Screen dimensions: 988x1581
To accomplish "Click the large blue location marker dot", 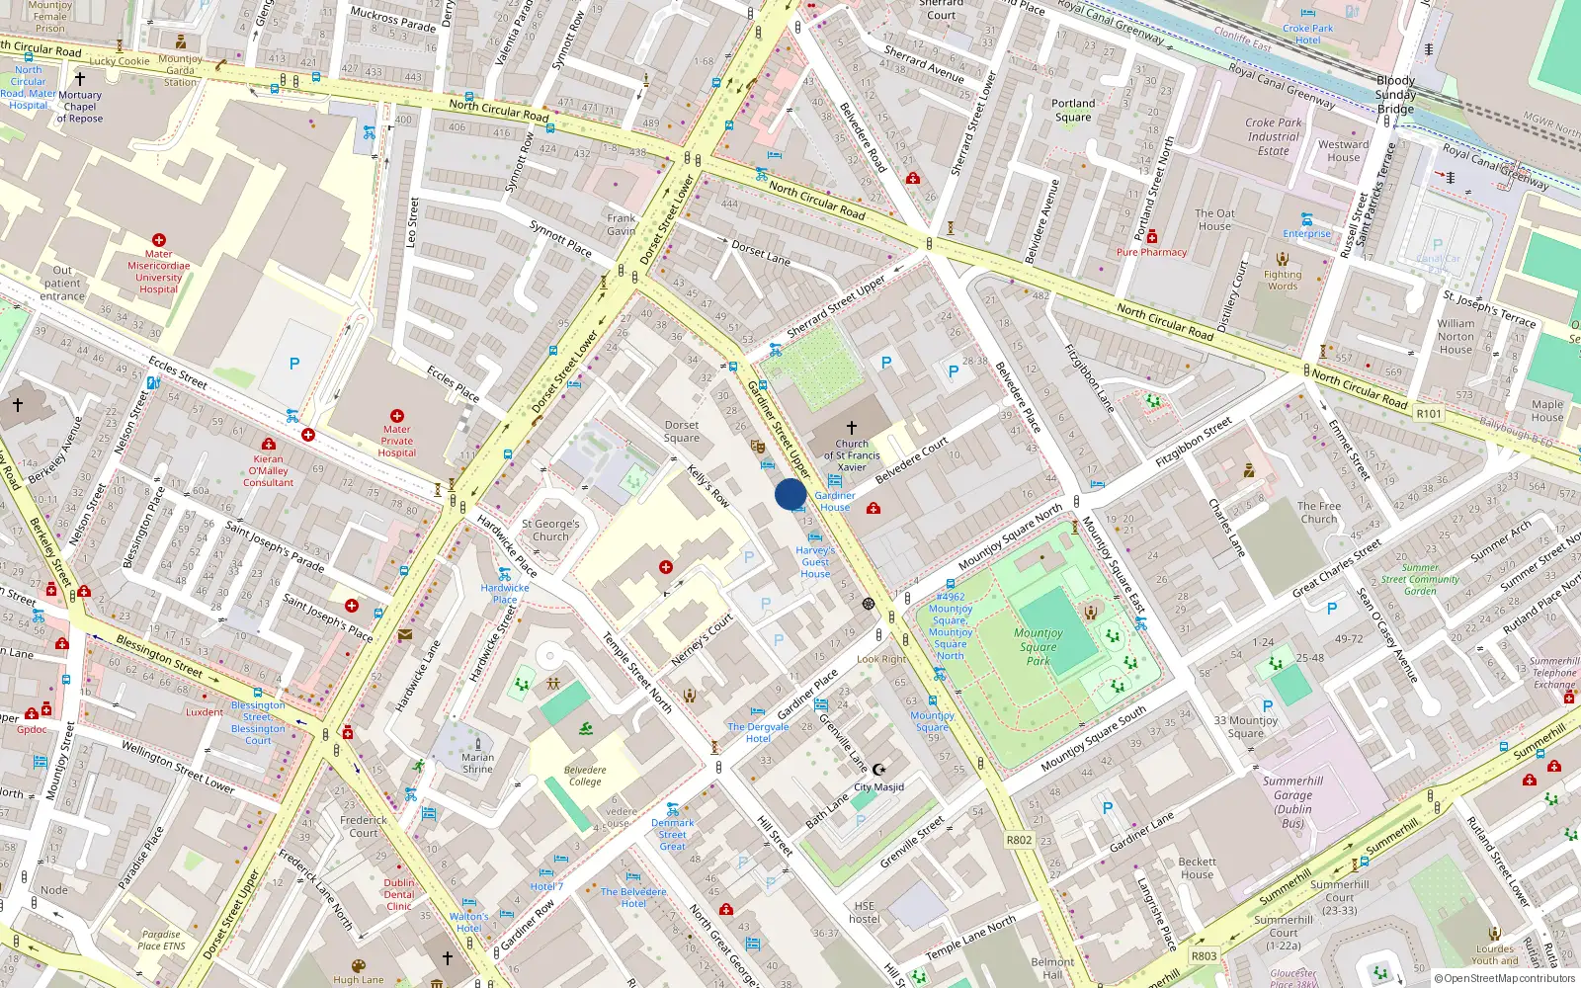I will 790,494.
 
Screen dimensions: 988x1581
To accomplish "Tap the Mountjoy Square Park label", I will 1038,647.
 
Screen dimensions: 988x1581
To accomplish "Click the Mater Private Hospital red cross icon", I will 396,416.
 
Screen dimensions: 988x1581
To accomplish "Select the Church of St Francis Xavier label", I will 852,455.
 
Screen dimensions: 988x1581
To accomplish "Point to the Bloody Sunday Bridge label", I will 1395,95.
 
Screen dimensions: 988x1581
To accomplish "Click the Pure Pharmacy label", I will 1151,252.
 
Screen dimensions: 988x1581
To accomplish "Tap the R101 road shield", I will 1429,414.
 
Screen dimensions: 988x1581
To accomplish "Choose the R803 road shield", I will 1204,955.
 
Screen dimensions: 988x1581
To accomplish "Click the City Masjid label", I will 878,787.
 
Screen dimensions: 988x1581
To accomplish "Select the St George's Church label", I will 550,531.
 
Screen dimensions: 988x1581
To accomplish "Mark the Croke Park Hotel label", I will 1307,35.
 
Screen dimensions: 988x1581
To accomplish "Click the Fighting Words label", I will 1283,281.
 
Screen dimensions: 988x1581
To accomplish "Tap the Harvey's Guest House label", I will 815,562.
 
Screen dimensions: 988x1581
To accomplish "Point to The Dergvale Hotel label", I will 758,732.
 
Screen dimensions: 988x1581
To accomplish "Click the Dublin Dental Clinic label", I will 399,894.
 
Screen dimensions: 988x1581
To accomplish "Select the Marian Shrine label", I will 477,763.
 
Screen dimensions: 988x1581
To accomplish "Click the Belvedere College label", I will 585,776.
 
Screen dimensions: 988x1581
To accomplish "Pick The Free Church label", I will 1319,512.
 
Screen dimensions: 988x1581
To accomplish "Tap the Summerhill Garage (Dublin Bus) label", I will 1292,801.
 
